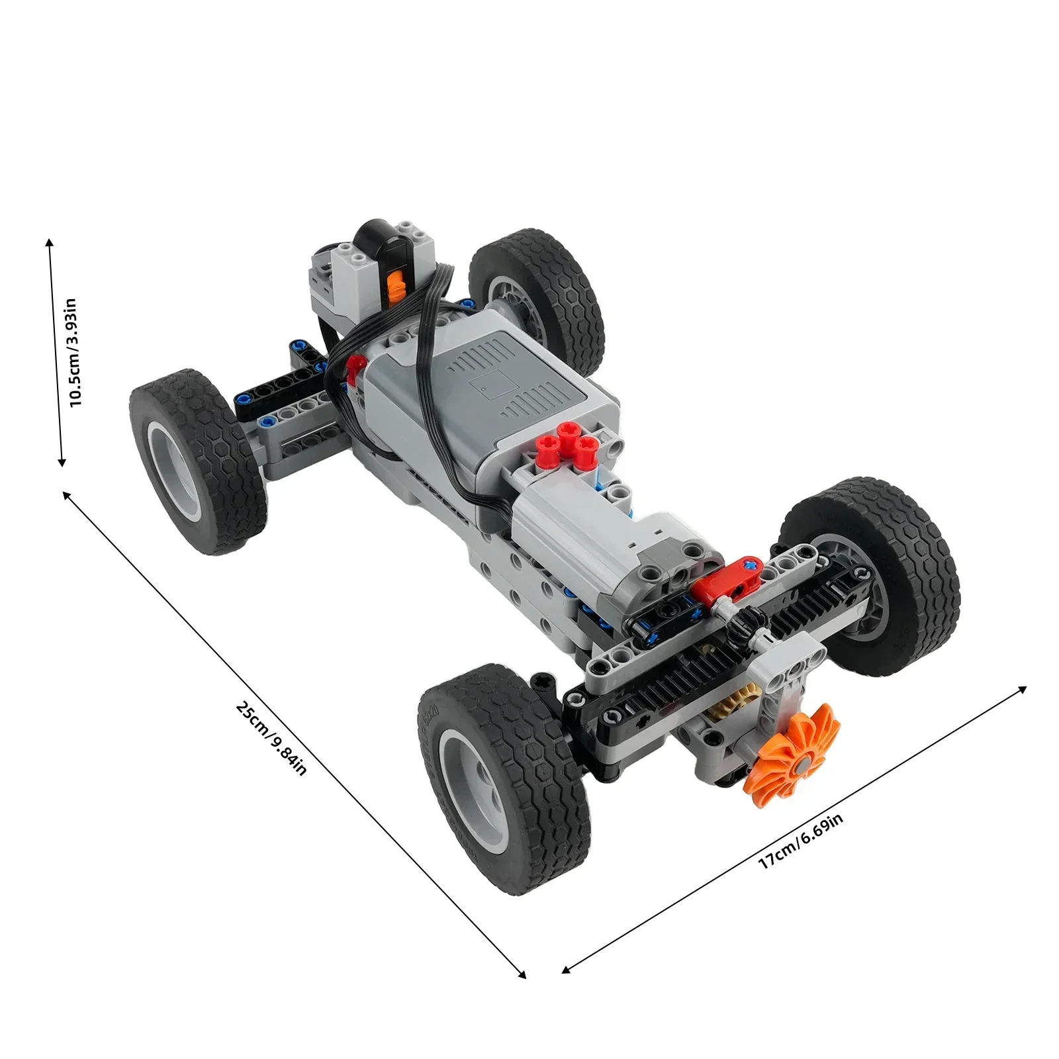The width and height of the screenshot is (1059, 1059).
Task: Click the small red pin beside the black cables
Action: click(355, 364)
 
